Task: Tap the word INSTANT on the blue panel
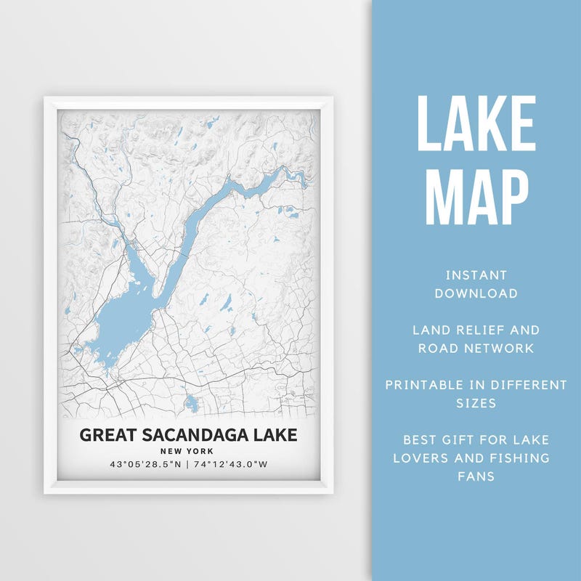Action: [x=476, y=275]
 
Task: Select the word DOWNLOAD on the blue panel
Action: [x=476, y=293]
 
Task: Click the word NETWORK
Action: [x=500, y=348]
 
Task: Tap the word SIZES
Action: [x=476, y=402]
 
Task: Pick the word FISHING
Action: [x=520, y=458]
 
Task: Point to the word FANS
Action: [x=476, y=476]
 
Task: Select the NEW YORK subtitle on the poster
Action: [x=188, y=451]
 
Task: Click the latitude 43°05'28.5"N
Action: [x=145, y=464]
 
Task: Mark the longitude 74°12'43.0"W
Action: [x=229, y=464]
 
